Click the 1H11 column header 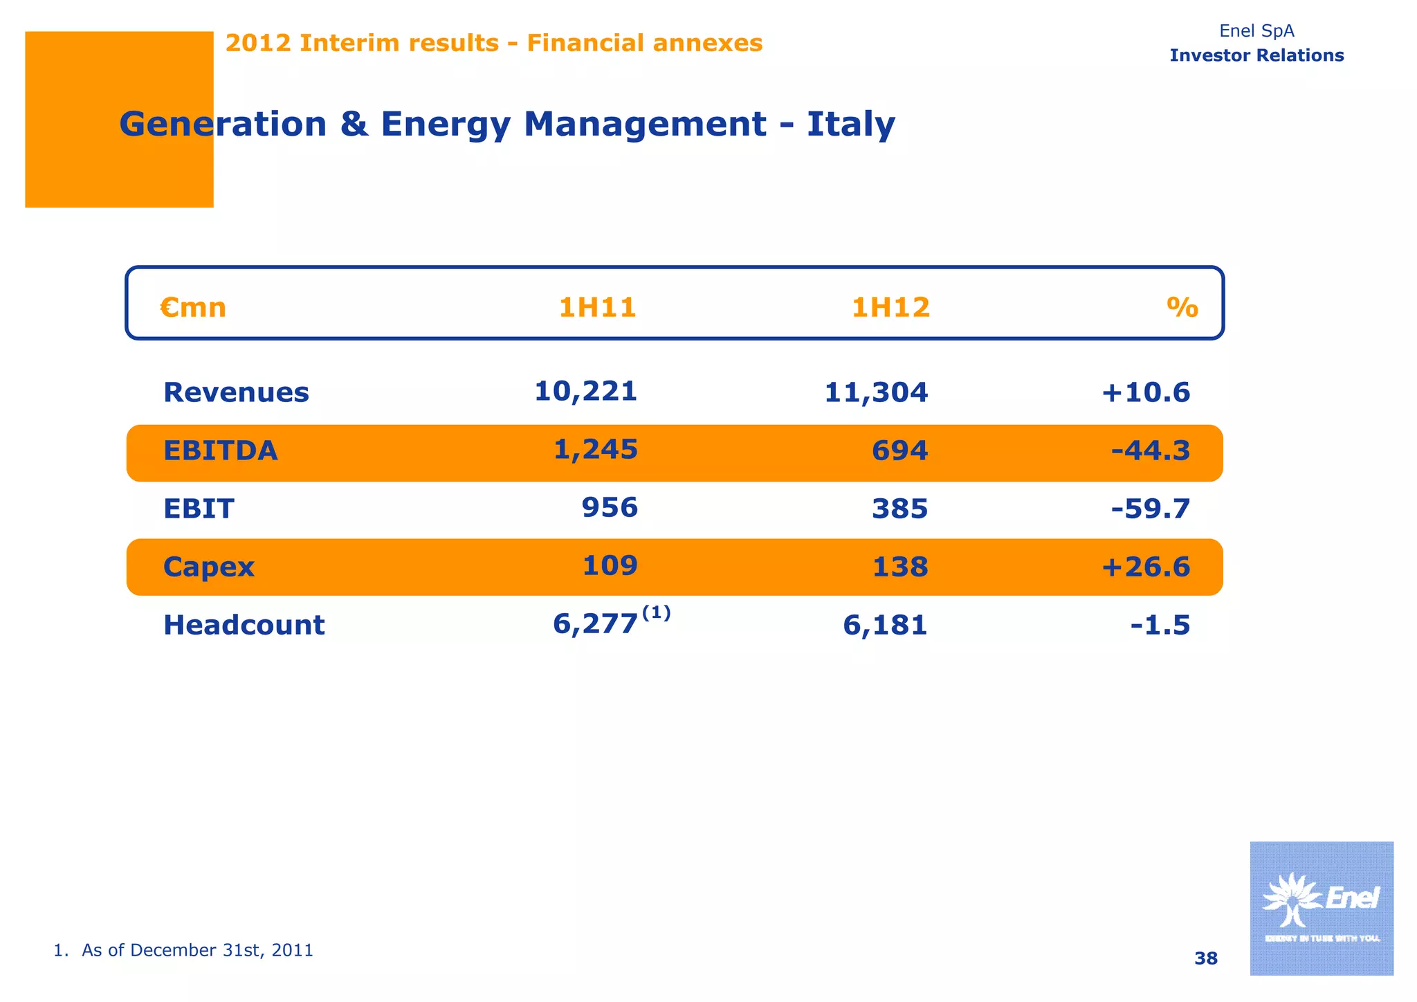pos(597,307)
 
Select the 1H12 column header pos(890,307)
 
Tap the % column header pos(1182,307)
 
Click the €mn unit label pos(193,307)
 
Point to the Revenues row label pos(236,392)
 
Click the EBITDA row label pos(220,450)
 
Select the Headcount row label pos(244,625)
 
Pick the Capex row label pos(208,567)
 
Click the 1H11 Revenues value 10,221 pos(585,391)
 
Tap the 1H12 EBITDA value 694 pos(899,450)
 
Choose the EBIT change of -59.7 pos(1151,509)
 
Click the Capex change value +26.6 pos(1146,567)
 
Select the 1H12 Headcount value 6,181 pos(885,625)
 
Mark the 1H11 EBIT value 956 pos(610,507)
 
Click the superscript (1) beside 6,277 pos(656,612)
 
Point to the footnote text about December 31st pos(183,950)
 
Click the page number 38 pos(1206,958)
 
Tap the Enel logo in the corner pos(1322,908)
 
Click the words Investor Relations pos(1256,55)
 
